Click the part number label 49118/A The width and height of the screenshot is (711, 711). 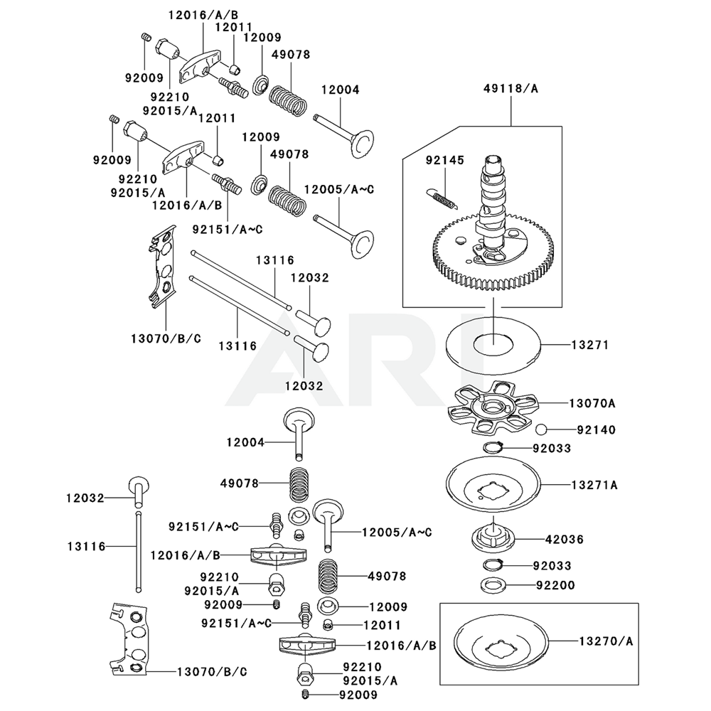(x=510, y=90)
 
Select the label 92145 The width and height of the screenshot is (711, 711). (x=444, y=161)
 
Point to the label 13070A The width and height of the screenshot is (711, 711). (x=592, y=403)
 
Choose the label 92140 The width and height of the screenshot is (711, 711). (x=596, y=429)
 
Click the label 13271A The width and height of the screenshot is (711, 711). (x=594, y=485)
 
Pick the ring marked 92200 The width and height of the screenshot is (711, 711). (x=493, y=586)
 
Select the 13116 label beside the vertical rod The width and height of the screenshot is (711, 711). (x=85, y=546)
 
